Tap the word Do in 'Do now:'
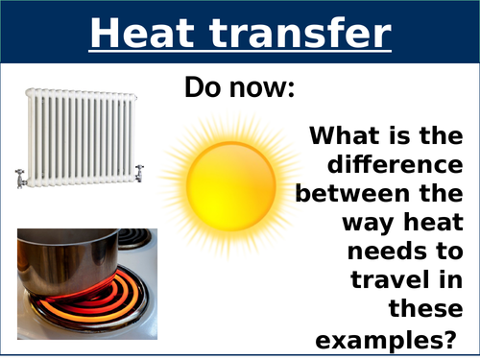click(204, 89)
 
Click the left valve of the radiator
click(22, 177)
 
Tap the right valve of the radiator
click(140, 173)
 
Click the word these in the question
click(426, 310)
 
